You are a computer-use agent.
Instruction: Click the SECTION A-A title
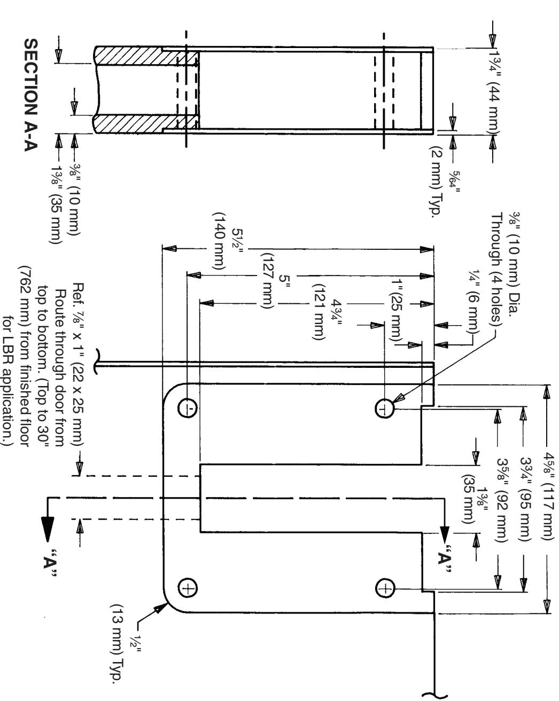click(31, 95)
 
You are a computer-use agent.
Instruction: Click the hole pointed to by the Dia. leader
click(385, 408)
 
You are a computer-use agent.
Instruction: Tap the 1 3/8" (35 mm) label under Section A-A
click(56, 204)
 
